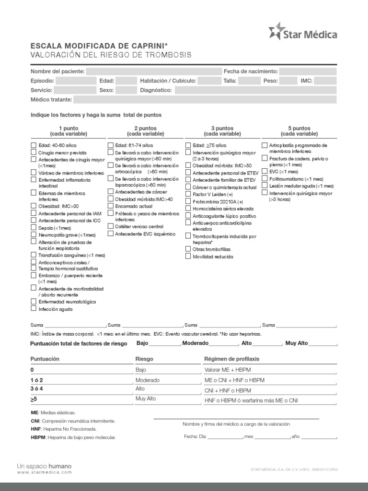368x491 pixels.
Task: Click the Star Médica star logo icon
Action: [276, 32]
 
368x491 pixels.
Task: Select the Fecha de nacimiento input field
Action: [308, 71]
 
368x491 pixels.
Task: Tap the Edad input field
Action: [126, 81]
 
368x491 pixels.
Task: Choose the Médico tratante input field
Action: [205, 100]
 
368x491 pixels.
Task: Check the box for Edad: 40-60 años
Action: [34, 145]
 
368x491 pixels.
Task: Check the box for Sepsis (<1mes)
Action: [34, 228]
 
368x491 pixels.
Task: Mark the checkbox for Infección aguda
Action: [34, 309]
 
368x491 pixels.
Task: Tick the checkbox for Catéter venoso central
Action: [111, 226]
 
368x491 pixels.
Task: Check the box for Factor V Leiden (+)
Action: [188, 195]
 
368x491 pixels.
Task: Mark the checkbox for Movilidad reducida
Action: [188, 257]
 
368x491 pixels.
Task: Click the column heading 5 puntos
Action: [299, 129]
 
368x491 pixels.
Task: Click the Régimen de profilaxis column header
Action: [231, 359]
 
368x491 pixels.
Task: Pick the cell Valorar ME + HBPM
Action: [227, 370]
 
